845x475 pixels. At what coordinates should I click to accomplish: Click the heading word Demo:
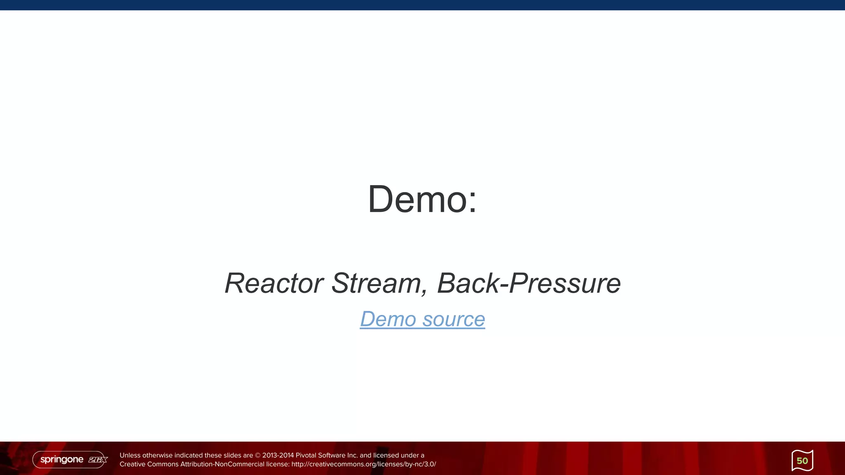422,200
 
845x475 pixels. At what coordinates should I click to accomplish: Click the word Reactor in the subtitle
274,283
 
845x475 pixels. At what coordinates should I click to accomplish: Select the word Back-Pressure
529,283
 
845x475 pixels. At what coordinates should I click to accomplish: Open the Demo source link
422,319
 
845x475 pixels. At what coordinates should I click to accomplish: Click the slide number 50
802,461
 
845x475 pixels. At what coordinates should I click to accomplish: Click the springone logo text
62,459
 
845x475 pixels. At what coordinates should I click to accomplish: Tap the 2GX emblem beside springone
98,460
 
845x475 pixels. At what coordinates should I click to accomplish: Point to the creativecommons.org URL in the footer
363,464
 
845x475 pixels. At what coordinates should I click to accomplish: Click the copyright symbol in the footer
258,456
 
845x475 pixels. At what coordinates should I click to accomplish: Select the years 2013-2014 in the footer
278,456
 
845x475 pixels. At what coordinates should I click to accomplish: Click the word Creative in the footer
132,464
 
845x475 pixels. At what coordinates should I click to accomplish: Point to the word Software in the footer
332,456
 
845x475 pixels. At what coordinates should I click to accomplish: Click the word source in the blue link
453,319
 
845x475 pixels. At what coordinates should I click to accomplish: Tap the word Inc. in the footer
353,456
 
